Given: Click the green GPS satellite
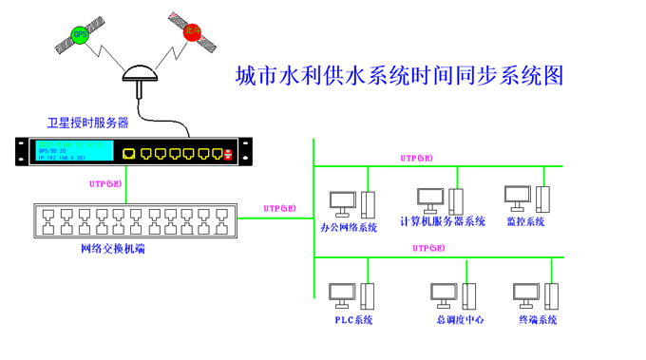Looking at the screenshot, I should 81,37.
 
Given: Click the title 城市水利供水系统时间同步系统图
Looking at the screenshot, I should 399,76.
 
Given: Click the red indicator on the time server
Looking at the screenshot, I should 228,153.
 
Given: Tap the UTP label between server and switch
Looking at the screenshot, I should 105,183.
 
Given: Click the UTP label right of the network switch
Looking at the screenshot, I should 280,207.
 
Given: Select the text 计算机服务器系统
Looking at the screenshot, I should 443,222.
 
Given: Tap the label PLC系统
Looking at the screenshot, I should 352,320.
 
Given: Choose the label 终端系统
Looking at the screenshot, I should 538,320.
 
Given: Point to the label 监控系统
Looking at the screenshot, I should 526,222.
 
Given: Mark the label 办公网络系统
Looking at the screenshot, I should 349,228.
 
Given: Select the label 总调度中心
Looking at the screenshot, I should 460,320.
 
